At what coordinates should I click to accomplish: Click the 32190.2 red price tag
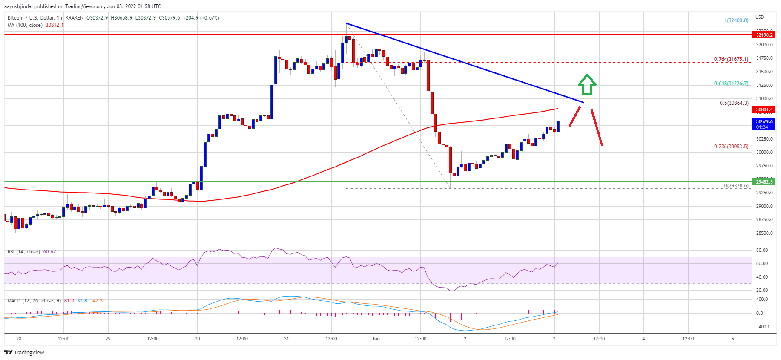point(764,35)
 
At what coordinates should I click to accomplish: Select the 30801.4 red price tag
point(764,109)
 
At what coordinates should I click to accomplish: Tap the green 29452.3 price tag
point(764,182)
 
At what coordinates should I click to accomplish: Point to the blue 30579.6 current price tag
point(764,124)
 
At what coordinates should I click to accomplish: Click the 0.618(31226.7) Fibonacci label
point(731,84)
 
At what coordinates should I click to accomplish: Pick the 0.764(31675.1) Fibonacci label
point(731,59)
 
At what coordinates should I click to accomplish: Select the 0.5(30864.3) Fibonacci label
point(734,103)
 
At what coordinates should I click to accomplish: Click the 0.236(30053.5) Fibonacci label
point(731,147)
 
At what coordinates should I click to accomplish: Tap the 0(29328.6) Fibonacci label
point(736,186)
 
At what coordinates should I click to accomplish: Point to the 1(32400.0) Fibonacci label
point(736,20)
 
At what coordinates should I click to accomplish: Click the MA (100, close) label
point(25,25)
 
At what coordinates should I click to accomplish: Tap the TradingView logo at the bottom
point(24,352)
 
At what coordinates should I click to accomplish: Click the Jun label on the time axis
point(376,339)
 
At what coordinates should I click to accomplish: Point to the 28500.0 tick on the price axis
point(764,233)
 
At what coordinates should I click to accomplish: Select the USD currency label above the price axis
point(760,17)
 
